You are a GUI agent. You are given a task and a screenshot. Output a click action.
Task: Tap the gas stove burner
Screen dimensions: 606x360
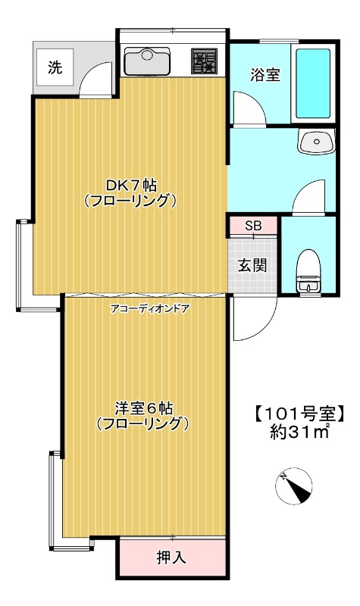click(203, 61)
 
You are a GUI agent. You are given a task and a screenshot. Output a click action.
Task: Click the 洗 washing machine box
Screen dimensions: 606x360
click(55, 67)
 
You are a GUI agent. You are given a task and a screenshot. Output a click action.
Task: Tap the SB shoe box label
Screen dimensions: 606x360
click(253, 226)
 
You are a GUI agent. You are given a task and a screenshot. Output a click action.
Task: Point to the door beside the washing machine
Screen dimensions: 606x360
click(95, 79)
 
